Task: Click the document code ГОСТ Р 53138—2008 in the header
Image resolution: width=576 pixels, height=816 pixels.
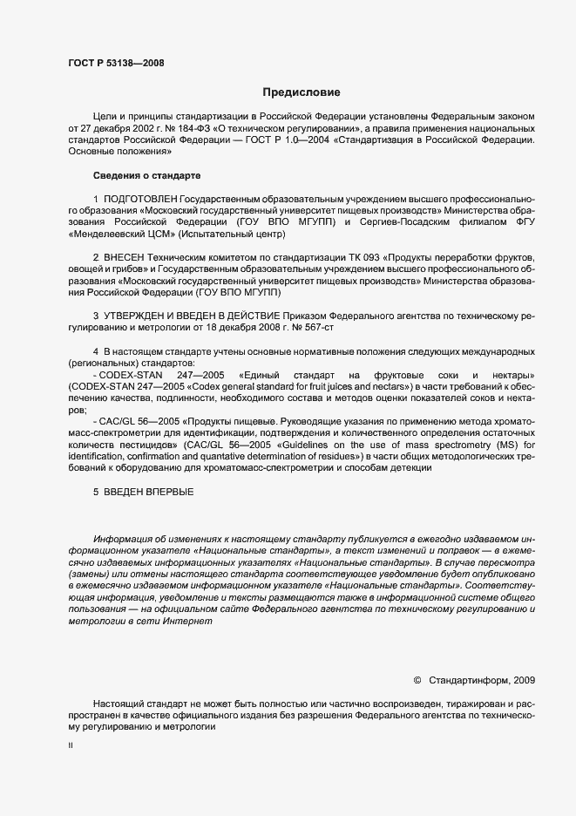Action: (116, 63)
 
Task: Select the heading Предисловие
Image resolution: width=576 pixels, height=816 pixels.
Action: (302, 92)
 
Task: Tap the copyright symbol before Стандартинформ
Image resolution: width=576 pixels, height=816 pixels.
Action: (417, 680)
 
